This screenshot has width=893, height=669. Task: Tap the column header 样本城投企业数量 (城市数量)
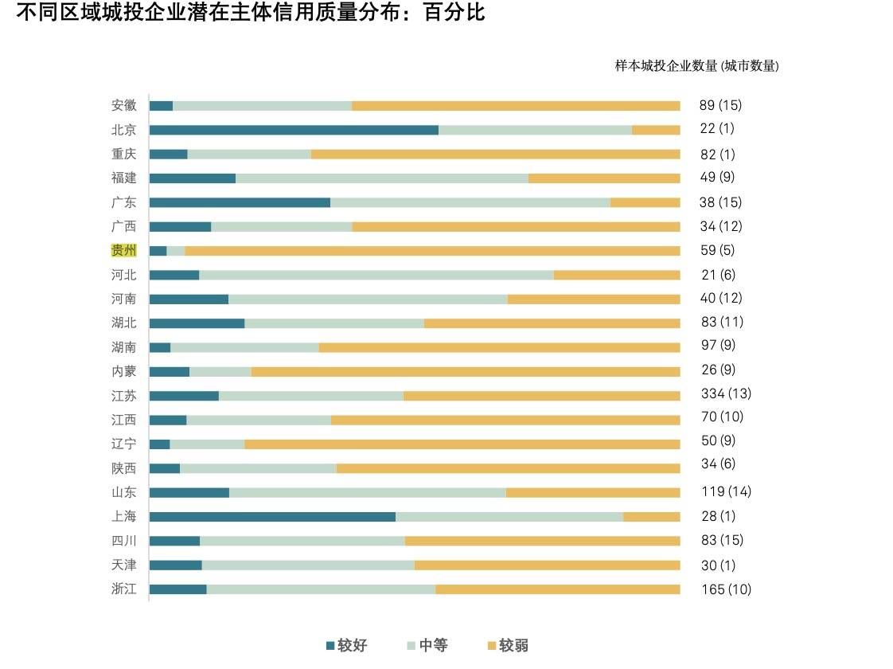(696, 66)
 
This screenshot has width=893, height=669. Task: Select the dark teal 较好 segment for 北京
(294, 130)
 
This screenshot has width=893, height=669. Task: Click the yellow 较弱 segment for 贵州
(432, 251)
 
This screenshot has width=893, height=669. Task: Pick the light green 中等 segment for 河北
(376, 275)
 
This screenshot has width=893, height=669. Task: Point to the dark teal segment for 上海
(272, 516)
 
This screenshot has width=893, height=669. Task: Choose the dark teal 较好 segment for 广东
(240, 202)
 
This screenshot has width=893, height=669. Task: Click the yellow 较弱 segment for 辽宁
(462, 444)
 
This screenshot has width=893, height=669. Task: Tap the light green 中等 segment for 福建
(381, 178)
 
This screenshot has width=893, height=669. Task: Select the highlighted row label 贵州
(123, 251)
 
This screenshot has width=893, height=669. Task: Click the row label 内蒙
(123, 371)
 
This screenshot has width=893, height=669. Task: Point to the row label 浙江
(123, 589)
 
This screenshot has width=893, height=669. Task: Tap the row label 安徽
(123, 105)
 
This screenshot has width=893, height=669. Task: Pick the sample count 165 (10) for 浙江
(725, 589)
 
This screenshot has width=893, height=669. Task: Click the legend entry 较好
(347, 645)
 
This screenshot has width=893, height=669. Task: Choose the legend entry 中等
(428, 645)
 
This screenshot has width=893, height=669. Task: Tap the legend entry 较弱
(509, 645)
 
